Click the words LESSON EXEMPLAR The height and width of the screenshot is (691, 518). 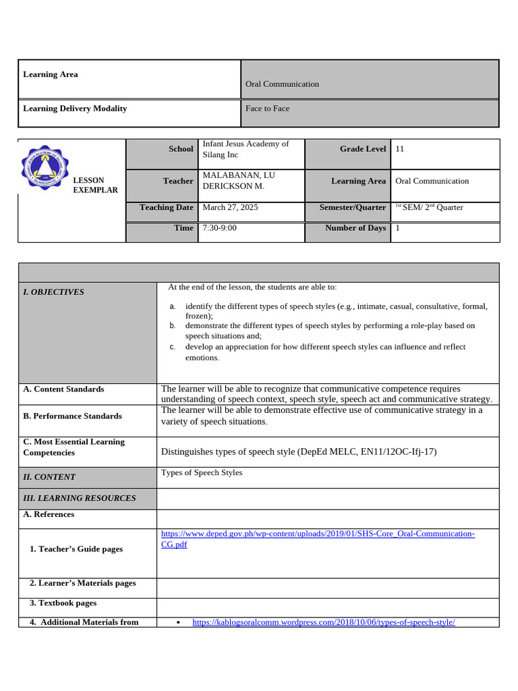pyautogui.click(x=95, y=186)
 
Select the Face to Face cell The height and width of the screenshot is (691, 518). pyautogui.click(x=267, y=109)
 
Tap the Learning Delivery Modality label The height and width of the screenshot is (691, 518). pyautogui.click(x=75, y=109)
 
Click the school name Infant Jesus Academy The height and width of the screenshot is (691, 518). pyautogui.click(x=246, y=148)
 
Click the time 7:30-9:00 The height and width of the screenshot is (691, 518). pyautogui.click(x=219, y=228)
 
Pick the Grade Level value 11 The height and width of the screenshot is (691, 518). pyautogui.click(x=400, y=149)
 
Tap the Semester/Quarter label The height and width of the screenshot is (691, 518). pyautogui.click(x=353, y=208)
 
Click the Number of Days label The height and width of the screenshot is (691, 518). pyautogui.click(x=355, y=228)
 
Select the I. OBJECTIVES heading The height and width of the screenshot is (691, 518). pyautogui.click(x=53, y=292)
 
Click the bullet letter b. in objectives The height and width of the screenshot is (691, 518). pyautogui.click(x=173, y=325)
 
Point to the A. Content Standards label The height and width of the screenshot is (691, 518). pyautogui.click(x=63, y=389)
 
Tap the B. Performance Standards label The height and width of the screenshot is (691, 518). pyautogui.click(x=72, y=416)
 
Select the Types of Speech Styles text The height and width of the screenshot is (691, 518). pyautogui.click(x=202, y=473)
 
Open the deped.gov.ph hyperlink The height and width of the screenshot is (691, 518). pyautogui.click(x=317, y=534)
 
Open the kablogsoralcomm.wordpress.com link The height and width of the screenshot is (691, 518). pyautogui.click(x=324, y=622)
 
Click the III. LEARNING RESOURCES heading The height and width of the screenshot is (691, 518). pyautogui.click(x=79, y=499)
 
